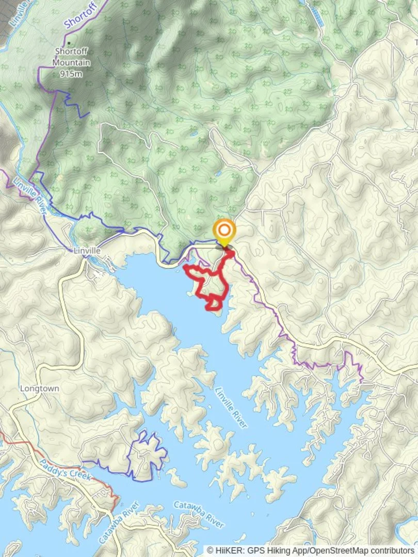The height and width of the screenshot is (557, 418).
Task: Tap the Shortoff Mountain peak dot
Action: pos(69,43)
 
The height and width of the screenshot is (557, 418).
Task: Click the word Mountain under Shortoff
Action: pos(71,63)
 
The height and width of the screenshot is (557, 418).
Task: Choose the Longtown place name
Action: pos(39,388)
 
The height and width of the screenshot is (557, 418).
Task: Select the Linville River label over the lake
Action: pos(232,407)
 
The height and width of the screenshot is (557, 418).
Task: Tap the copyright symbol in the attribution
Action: pos(211,551)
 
